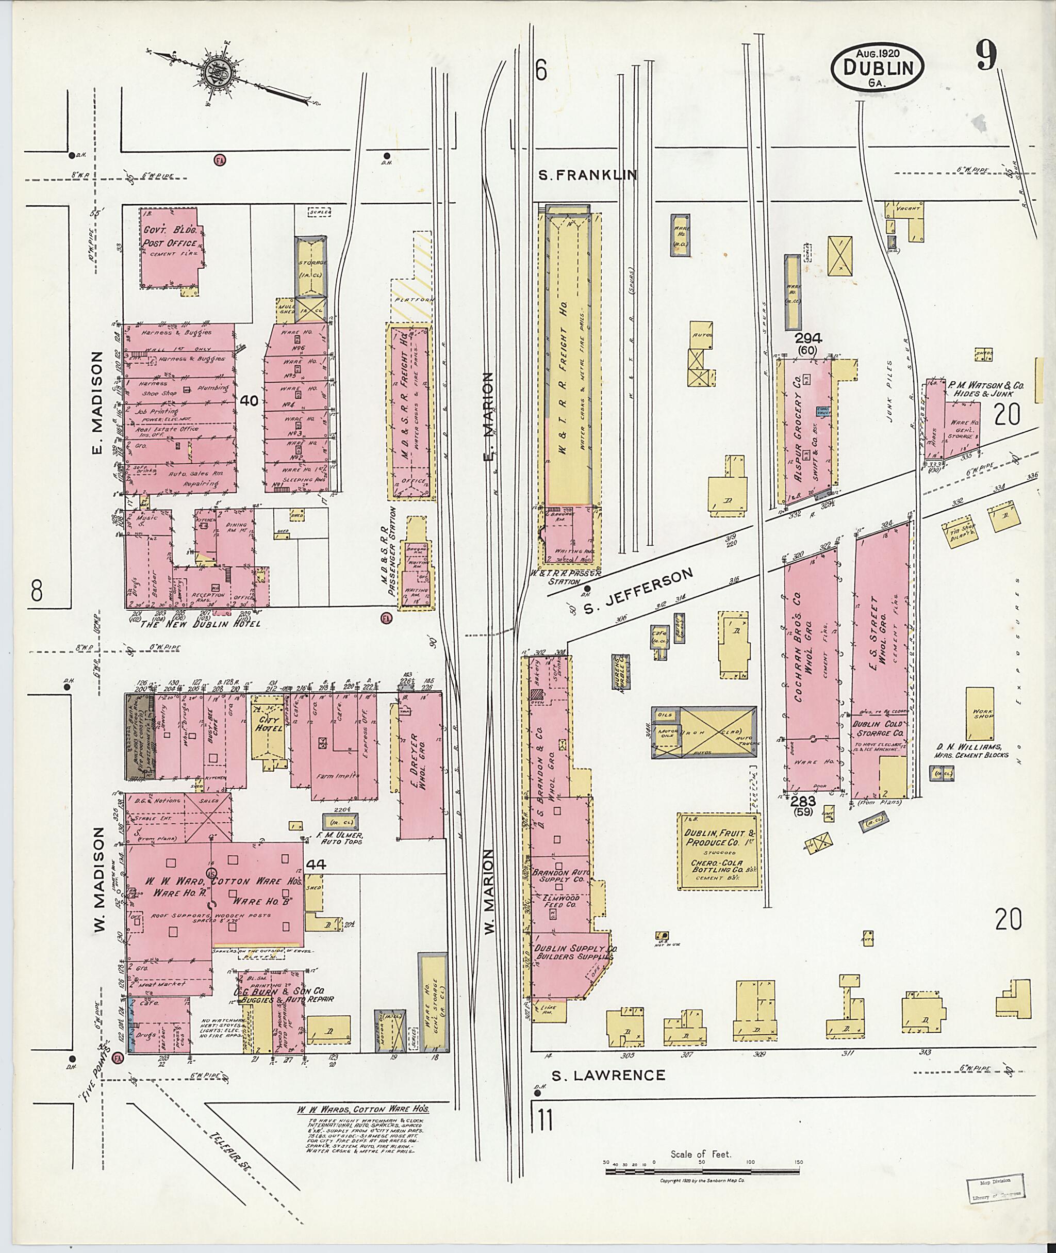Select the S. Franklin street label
pos(587,175)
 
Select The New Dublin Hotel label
pos(200,624)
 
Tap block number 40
pos(249,401)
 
